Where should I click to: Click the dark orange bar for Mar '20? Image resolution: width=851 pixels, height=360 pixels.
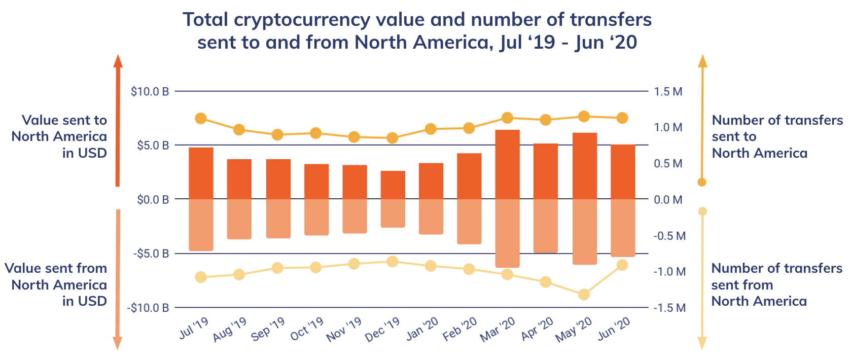click(507, 165)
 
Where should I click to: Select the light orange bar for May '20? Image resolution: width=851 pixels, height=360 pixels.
click(584, 232)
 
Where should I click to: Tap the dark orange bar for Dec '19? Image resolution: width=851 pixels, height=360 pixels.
click(393, 185)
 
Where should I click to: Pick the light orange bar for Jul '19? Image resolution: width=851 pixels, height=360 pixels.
click(201, 225)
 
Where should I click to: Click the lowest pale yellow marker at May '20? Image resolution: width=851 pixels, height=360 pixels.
click(584, 295)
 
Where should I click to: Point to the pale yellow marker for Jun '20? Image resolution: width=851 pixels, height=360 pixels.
click(622, 265)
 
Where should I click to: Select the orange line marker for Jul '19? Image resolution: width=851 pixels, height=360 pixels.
click(201, 119)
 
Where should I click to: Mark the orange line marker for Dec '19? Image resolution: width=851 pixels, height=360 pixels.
click(392, 138)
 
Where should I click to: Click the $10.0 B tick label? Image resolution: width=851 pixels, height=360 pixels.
click(150, 92)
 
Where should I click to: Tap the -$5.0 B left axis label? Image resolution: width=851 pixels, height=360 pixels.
click(151, 254)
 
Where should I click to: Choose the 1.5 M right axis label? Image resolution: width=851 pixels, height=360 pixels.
click(668, 92)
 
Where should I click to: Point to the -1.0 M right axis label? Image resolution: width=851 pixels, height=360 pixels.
click(669, 272)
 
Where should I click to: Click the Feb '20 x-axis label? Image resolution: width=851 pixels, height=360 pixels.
click(459, 329)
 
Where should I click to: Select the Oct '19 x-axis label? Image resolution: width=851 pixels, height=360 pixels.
click(306, 329)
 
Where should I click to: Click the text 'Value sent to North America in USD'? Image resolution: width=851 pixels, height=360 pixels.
click(59, 136)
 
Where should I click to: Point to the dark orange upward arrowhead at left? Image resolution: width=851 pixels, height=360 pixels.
click(118, 61)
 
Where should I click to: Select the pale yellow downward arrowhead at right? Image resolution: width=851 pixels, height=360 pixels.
click(702, 343)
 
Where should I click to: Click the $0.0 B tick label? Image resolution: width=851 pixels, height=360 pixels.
click(153, 200)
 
